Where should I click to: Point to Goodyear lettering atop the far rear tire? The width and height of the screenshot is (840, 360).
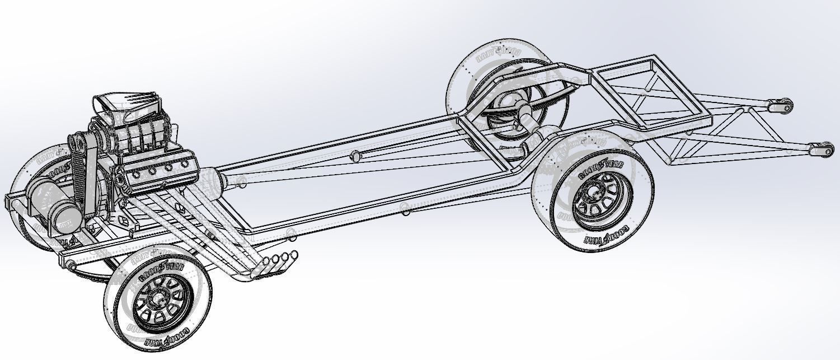click(x=498, y=54)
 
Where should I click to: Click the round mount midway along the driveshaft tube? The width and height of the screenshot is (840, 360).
click(x=354, y=156)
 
